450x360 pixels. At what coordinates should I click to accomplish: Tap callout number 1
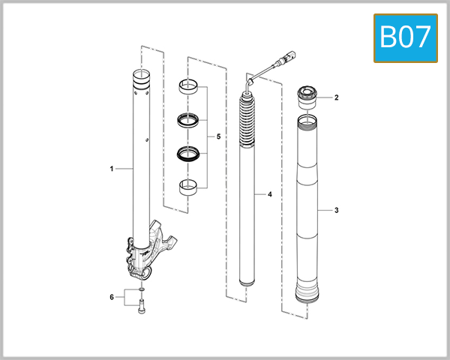112,169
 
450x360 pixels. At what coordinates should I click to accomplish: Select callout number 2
337,97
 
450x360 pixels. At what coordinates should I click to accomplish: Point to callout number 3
337,211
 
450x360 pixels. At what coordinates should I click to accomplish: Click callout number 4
269,195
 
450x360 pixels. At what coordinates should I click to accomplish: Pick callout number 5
217,137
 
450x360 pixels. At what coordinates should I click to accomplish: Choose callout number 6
112,297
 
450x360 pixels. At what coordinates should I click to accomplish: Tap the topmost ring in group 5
190,88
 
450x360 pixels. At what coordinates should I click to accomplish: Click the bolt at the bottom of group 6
142,307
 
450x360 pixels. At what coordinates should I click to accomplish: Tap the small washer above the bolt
142,287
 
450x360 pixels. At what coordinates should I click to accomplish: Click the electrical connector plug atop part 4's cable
284,57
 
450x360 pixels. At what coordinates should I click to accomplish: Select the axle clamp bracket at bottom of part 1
154,247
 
